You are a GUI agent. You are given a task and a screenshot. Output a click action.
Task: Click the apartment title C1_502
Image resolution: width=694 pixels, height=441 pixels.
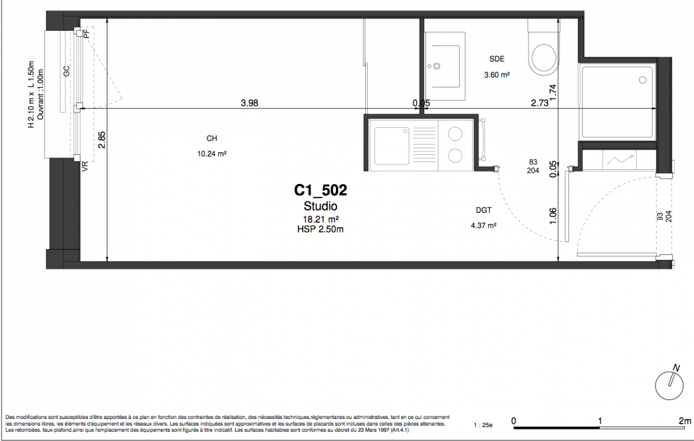click(321, 190)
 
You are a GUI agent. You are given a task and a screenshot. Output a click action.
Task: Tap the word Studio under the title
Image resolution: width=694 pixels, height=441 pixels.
click(321, 206)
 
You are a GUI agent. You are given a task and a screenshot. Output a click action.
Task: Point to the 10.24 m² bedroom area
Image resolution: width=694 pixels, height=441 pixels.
click(212, 153)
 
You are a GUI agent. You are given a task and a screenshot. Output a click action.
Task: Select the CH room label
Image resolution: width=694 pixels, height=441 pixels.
click(212, 138)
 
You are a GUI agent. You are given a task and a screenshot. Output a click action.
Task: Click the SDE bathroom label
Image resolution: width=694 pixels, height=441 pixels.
click(497, 58)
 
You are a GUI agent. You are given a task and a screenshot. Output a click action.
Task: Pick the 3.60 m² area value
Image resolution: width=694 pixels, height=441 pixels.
click(497, 75)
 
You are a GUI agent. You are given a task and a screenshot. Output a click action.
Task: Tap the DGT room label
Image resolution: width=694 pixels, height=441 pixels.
click(484, 210)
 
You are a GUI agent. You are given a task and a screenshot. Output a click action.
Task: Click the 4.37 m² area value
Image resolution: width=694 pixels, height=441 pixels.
click(484, 225)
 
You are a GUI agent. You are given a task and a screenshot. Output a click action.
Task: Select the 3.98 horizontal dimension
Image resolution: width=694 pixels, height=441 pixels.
click(250, 103)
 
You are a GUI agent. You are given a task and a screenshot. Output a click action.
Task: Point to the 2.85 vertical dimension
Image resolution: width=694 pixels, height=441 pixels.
click(102, 140)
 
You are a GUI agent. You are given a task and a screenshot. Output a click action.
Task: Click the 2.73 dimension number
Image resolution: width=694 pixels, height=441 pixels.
click(540, 103)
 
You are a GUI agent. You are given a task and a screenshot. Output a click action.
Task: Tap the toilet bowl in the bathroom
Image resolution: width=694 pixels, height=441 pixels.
click(544, 57)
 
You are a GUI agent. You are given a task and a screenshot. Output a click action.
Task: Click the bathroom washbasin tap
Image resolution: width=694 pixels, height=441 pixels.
click(437, 66)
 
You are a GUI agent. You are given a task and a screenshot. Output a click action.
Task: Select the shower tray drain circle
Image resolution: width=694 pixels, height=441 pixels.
click(643, 80)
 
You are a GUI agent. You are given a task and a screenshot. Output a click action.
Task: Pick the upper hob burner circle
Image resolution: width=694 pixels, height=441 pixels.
click(455, 135)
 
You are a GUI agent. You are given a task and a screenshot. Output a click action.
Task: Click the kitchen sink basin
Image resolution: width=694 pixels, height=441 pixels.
click(392, 146)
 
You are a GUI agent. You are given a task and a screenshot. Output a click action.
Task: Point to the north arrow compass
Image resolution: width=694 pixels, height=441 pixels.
click(670, 386)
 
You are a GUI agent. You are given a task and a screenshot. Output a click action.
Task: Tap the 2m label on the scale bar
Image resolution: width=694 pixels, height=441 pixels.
click(685, 421)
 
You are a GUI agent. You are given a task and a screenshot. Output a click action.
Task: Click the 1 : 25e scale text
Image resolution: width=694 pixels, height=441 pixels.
click(483, 425)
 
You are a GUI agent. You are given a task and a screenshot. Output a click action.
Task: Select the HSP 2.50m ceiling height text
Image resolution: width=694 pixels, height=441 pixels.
click(321, 229)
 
